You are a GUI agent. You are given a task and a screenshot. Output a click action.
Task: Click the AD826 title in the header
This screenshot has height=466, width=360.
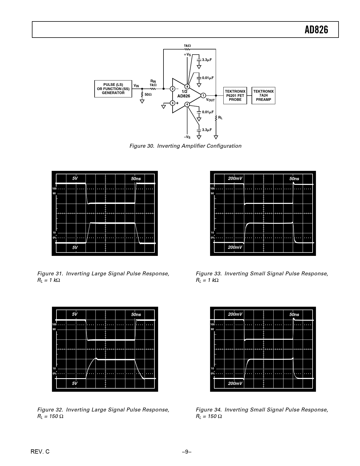coord(317,30)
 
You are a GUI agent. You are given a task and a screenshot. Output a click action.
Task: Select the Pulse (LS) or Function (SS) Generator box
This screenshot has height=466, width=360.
coord(113,89)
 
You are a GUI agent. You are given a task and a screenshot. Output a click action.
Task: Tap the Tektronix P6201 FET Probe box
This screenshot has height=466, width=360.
coord(235,95)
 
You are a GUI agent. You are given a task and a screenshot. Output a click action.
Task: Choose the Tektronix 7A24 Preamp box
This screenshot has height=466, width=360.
coord(263,95)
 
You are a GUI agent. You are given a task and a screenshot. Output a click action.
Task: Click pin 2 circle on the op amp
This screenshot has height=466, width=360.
coord(173,89)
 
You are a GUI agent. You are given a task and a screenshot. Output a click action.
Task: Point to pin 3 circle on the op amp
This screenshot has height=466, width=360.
coord(173,103)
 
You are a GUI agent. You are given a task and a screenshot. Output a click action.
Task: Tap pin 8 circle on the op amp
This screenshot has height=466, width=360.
coord(187,86)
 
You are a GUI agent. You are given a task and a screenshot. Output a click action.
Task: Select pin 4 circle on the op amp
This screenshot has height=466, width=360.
coord(187,104)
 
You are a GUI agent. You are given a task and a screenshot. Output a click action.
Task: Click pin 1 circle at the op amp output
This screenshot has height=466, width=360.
coord(203,95)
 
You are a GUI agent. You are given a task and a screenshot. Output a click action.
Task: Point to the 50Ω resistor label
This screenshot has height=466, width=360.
coord(148,95)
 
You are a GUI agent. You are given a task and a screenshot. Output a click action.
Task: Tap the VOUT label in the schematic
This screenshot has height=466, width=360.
coord(210,100)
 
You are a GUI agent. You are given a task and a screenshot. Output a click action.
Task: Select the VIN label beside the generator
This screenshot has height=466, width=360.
coord(136,86)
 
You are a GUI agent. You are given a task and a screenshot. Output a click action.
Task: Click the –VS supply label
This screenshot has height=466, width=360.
coord(187,137)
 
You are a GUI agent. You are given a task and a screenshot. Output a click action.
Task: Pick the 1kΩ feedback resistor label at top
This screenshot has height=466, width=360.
coord(187,45)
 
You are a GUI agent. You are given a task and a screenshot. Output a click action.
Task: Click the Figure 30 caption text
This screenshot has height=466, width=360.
coord(185,146)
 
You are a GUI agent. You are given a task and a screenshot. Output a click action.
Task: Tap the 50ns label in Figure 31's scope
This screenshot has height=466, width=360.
coord(136,179)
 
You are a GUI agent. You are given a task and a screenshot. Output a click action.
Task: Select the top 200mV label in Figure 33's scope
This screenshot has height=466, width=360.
coord(235,178)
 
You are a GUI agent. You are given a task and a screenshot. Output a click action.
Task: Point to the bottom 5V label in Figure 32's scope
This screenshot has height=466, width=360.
coord(75,383)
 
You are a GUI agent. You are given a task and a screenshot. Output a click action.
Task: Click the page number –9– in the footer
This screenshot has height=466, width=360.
coord(187,452)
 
